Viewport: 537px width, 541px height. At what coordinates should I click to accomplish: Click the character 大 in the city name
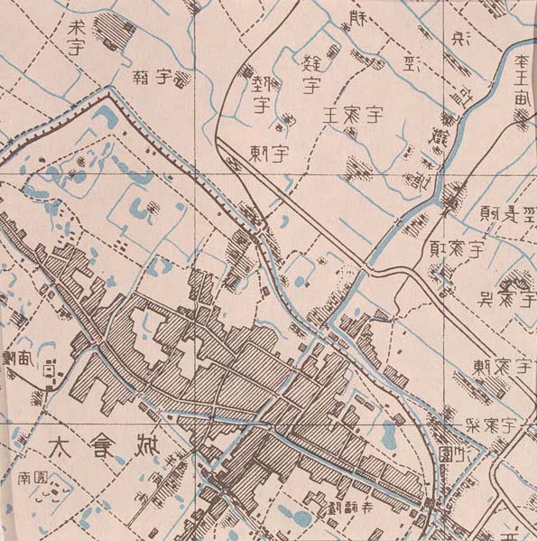[58, 446]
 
